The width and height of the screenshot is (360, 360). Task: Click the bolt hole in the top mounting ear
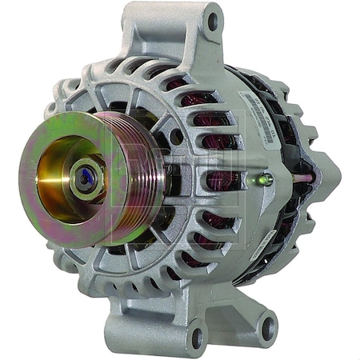click(212, 22)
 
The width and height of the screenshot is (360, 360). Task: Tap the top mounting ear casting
click(192, 36)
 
